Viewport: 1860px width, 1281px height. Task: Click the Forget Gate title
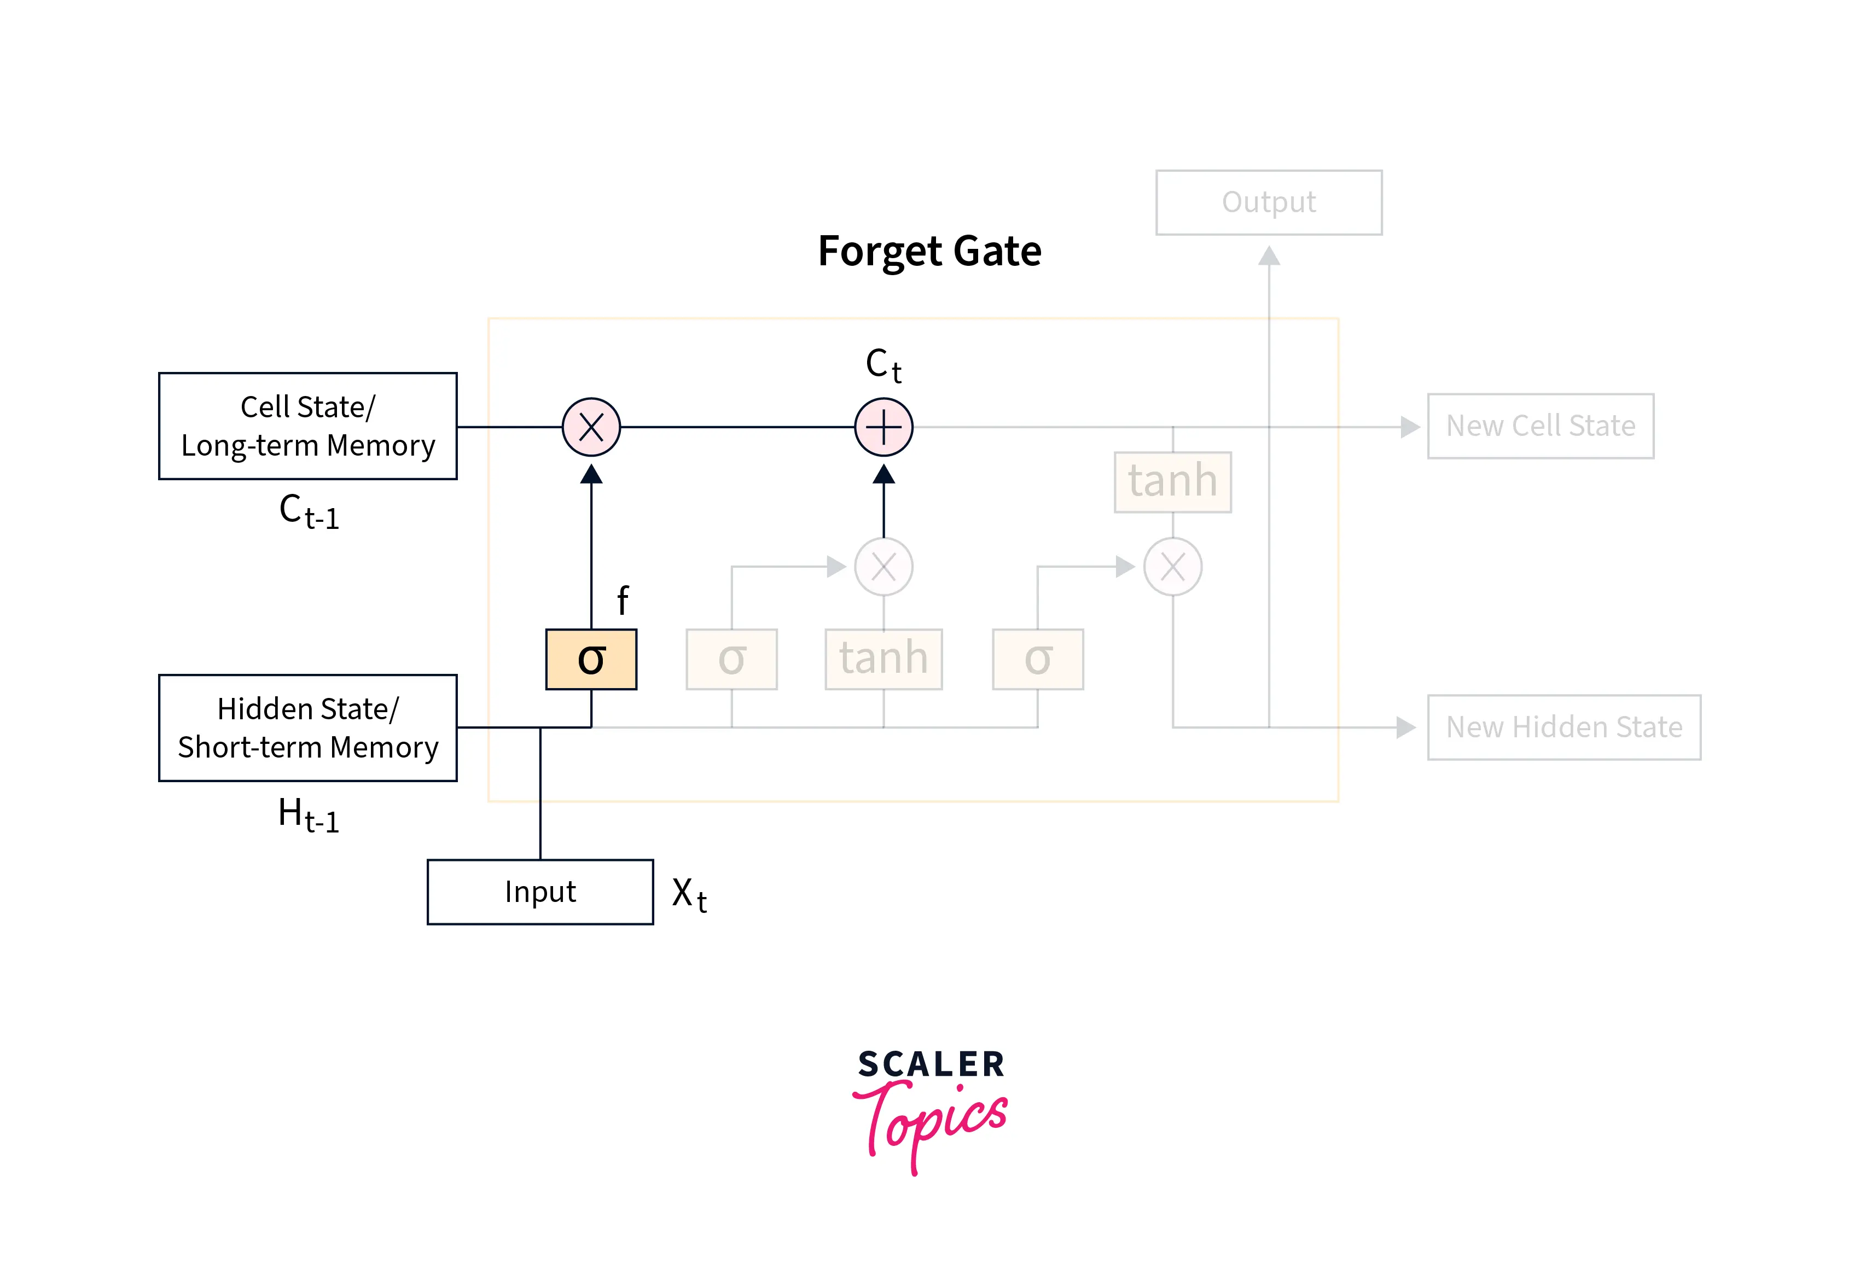pyautogui.click(x=929, y=251)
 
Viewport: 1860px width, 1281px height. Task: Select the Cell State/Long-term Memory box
pyautogui.click(x=307, y=426)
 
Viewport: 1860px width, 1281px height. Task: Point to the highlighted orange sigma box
pyautogui.click(x=591, y=659)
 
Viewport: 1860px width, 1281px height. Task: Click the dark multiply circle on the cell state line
pyautogui.click(x=591, y=427)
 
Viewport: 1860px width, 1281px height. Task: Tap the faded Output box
pyautogui.click(x=1269, y=202)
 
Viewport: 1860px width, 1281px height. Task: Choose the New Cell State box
pyautogui.click(x=1540, y=426)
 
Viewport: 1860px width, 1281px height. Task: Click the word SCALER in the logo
pyautogui.click(x=931, y=1064)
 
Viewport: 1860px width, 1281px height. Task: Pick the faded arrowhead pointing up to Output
pyautogui.click(x=1269, y=255)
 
